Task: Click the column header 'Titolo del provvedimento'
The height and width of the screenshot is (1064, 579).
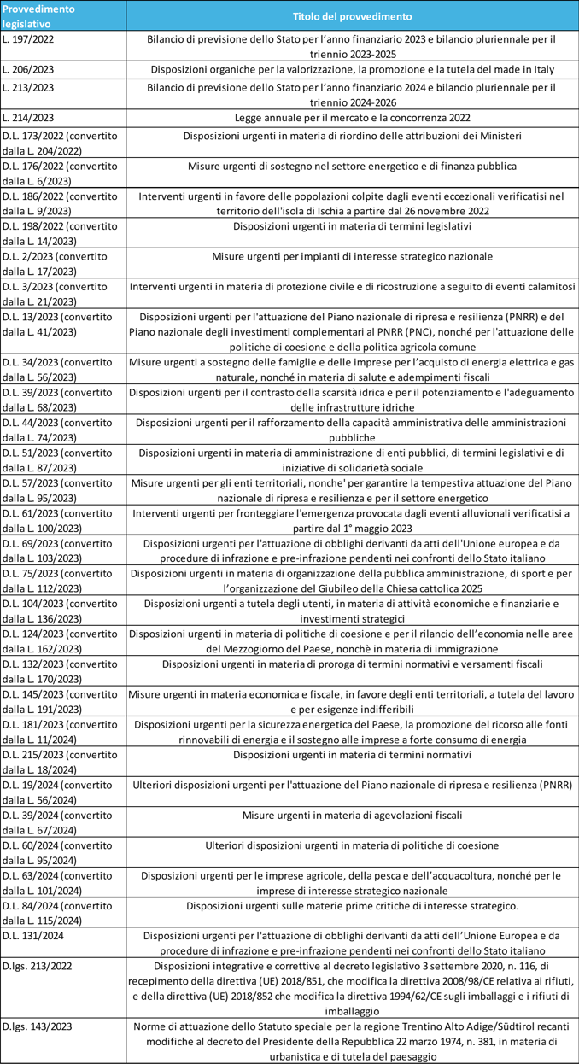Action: [x=352, y=16]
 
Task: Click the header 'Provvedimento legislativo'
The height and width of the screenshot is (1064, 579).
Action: [x=38, y=16]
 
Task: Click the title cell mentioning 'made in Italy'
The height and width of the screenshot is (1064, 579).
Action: [x=352, y=69]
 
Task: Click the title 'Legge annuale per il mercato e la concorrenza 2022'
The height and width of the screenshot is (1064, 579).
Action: [x=352, y=117]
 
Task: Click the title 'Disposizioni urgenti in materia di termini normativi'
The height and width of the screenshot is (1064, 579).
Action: [x=352, y=755]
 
